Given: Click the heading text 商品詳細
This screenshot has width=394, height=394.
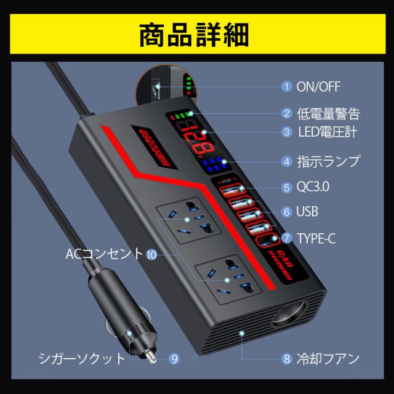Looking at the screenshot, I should (x=197, y=32).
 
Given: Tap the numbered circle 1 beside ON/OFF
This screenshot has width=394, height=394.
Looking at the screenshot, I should (x=286, y=86).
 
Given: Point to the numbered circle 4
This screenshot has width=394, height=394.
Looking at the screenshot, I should (x=286, y=162).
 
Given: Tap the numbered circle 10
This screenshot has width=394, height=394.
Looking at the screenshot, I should (x=152, y=252).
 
